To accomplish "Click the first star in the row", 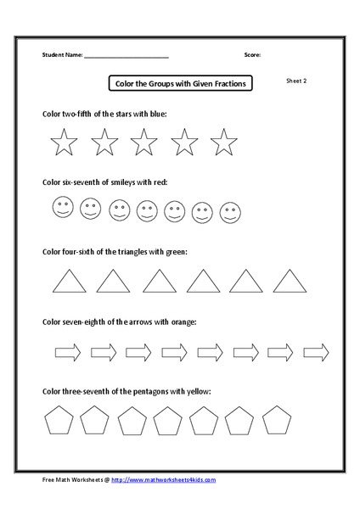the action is coord(64,143).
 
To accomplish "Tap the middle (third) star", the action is coord(143,143).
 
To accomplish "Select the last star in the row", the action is coord(223,143).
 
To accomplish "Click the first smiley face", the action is coord(62,206).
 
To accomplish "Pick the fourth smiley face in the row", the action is coord(147,210).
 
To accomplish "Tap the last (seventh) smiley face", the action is coord(229,211).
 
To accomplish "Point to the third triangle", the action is coord(158,281).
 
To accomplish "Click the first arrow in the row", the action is coord(67,351).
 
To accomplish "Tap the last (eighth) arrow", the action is coord(316,351).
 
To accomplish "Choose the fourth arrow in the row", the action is coord(174,351).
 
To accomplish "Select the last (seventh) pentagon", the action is coord(276,420).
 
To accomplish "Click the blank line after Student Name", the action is coord(127,55).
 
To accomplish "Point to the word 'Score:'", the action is coord(252,54).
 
